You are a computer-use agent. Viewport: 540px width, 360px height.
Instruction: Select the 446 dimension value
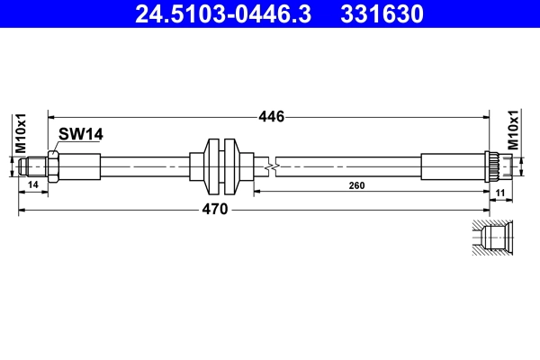[x=271, y=116]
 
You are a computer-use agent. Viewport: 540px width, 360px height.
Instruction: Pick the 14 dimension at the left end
[x=33, y=184]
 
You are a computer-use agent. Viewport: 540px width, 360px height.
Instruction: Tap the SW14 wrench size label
[x=81, y=134]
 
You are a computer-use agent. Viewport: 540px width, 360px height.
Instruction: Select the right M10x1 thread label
[x=514, y=130]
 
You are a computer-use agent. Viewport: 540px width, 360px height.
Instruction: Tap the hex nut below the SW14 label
[x=55, y=166]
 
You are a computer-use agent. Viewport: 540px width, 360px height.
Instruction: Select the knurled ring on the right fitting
[x=493, y=166]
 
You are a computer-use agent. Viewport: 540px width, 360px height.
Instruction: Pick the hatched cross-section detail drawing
[x=493, y=237]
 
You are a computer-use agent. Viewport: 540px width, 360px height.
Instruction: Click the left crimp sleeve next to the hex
[x=80, y=166]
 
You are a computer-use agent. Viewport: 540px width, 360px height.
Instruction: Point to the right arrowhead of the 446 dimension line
[x=486, y=116]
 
